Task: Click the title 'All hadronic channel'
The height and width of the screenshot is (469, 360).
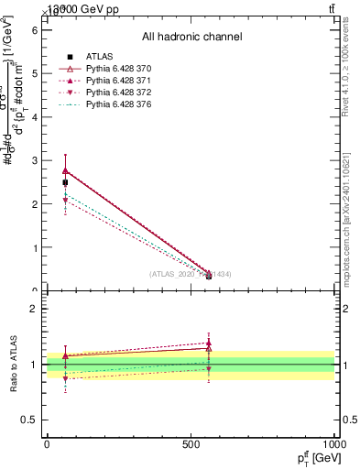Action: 191,38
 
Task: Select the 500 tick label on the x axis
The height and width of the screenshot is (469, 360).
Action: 191,444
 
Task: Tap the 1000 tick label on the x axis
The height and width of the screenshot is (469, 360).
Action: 334,444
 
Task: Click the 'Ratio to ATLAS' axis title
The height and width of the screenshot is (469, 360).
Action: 14,365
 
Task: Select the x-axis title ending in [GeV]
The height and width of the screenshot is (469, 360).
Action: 315,458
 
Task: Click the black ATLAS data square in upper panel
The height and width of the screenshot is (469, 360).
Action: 65,182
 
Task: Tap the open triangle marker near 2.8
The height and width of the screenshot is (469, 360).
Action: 65,170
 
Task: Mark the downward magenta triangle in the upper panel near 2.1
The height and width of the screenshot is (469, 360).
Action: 65,201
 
